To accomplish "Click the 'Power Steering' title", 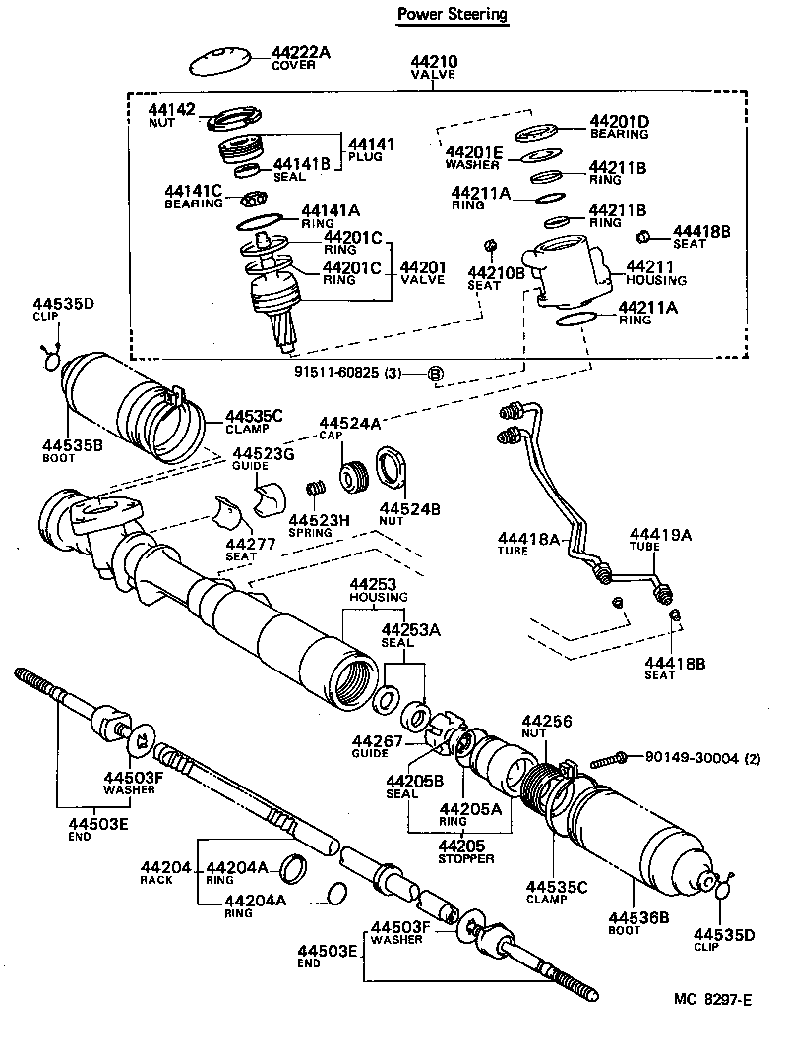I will pos(453,14).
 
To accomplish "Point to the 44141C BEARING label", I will pos(194,196).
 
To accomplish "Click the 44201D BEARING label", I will pos(619,127).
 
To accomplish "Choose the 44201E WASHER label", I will pos(473,157).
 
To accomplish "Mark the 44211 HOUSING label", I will pos(651,271).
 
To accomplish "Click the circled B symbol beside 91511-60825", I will pos(436,373).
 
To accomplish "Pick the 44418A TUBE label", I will pos(528,544).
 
